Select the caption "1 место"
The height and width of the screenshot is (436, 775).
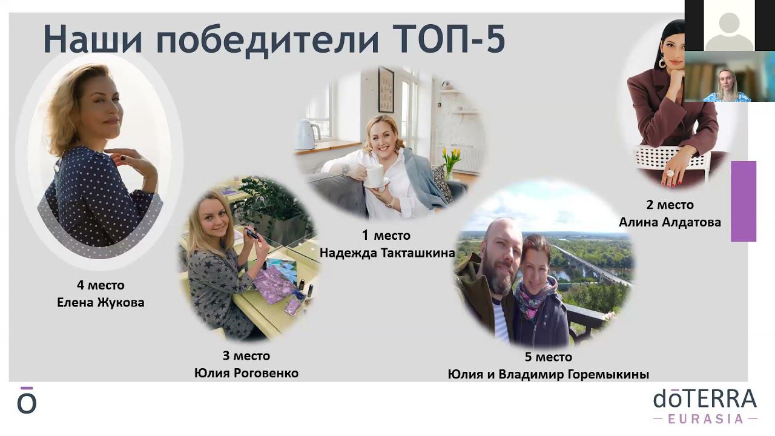pos(386,236)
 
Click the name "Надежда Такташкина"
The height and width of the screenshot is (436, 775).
pos(387,253)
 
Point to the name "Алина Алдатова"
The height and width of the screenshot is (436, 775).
pos(670,222)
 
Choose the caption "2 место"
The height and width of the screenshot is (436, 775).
pos(669,205)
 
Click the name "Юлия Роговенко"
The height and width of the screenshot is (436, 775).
pos(246,373)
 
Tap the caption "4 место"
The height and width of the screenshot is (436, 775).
pos(101,285)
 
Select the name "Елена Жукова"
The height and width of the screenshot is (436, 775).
pos(101,302)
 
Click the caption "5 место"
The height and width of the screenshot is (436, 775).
pos(549,357)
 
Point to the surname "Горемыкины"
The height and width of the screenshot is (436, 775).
pos(608,374)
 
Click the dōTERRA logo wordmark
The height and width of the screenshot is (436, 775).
pos(705,399)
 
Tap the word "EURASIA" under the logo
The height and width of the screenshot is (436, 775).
pos(705,418)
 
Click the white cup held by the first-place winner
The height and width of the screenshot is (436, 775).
pos(374,175)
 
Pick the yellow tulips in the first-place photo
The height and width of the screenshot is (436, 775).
pos(451,158)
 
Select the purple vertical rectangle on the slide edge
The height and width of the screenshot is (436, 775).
pos(744,201)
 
